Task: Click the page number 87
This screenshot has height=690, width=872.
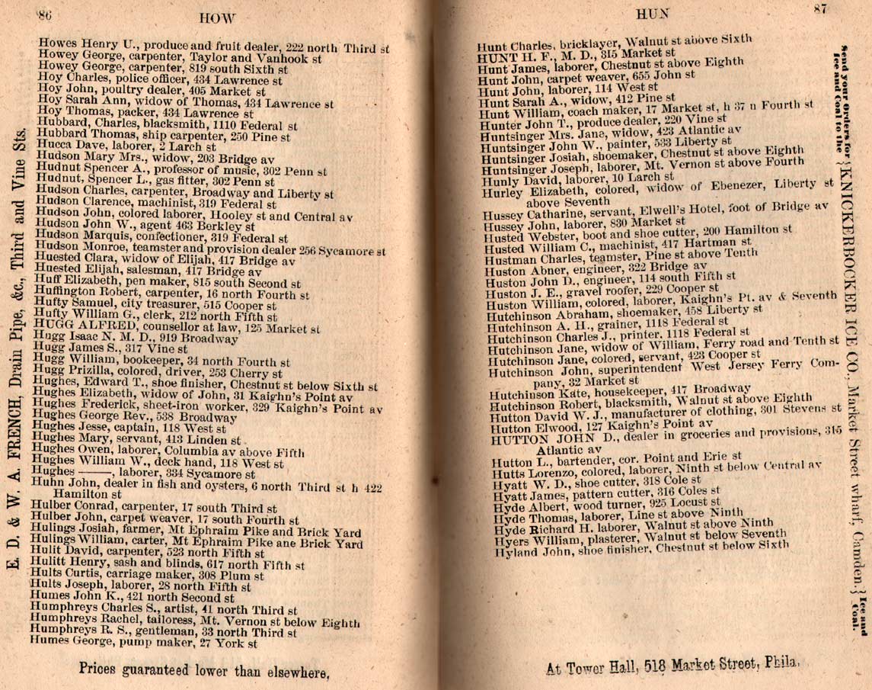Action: [x=819, y=9]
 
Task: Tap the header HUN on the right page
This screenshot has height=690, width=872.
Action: [x=650, y=13]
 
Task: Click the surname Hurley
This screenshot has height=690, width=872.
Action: [x=500, y=192]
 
